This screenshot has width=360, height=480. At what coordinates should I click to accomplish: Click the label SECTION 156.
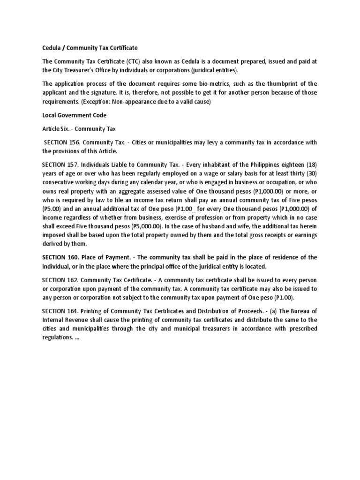pos(62,142)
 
